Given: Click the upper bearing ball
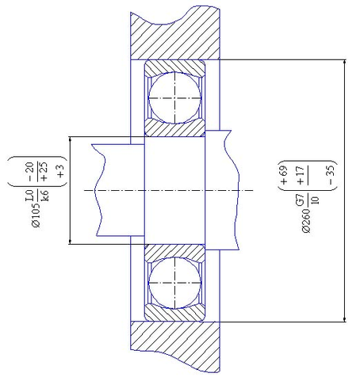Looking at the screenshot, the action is coord(174,98).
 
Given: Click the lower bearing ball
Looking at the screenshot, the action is coord(174,283).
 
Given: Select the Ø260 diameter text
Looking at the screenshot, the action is coord(306,220).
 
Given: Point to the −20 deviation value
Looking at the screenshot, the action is coord(30,172).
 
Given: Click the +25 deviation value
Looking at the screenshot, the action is coord(43,172).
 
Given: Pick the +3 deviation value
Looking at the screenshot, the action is coord(60,171).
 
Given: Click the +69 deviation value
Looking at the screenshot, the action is coord(284,175).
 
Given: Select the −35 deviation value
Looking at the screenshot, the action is coord(331,174).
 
